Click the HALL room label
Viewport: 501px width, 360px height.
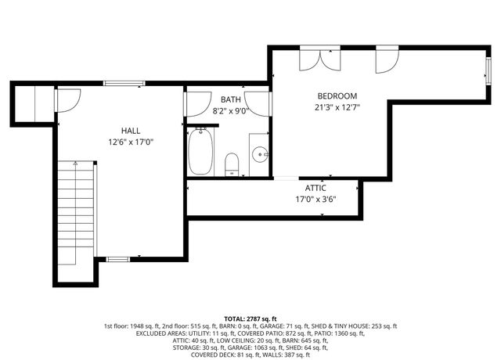pos(130,130)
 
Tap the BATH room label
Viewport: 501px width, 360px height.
pos(230,99)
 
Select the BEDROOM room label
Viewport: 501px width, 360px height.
pos(337,95)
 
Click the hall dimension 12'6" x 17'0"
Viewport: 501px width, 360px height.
pos(130,142)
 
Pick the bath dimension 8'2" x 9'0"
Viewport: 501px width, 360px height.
pos(230,111)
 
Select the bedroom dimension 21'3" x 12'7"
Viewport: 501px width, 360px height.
pos(337,107)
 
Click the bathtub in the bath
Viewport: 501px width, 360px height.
pos(201,153)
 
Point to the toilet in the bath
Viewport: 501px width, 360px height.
pos(232,164)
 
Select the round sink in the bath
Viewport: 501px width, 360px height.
pos(260,153)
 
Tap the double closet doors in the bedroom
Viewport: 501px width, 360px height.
pos(319,59)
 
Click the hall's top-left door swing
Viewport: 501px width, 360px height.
pos(67,100)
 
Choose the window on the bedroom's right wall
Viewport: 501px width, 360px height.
pos(488,71)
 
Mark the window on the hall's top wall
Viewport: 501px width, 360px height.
pos(124,83)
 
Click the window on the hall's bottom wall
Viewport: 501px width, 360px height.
pos(117,258)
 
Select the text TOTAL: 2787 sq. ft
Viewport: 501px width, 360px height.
pos(250,319)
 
